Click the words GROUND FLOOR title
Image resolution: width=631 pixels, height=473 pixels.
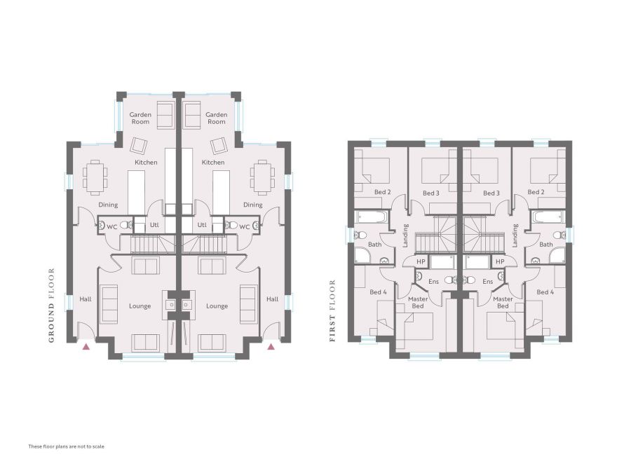[x=51, y=306]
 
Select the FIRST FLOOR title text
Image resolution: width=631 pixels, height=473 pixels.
[x=332, y=311]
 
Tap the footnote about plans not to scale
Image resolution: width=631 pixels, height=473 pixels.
[x=67, y=446]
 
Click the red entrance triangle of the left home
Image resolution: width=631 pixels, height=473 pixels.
[x=86, y=346]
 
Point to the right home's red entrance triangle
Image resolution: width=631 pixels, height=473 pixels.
[x=271, y=346]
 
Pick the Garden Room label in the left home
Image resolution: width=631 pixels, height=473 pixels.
[x=140, y=118]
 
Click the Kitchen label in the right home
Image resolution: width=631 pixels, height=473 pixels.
[x=213, y=162]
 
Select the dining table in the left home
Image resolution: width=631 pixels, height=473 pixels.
[x=95, y=175]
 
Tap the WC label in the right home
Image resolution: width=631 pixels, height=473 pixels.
[x=244, y=227]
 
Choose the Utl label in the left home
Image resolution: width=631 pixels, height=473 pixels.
[x=154, y=225]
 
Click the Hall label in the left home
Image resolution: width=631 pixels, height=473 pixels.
[x=86, y=299]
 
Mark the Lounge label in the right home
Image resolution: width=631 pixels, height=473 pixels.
[x=217, y=306]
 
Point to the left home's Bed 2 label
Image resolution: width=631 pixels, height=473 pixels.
[x=382, y=192]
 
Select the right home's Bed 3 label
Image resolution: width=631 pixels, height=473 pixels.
[x=491, y=193]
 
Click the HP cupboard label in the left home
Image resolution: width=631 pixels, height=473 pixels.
[x=421, y=261]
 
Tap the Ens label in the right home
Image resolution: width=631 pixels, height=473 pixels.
[x=488, y=281]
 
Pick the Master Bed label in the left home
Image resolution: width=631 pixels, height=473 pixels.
[x=418, y=303]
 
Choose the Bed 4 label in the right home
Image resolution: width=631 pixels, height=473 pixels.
[x=545, y=292]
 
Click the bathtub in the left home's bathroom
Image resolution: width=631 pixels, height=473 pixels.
[x=372, y=217]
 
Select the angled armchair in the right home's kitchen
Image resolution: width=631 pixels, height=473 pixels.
[x=219, y=146]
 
